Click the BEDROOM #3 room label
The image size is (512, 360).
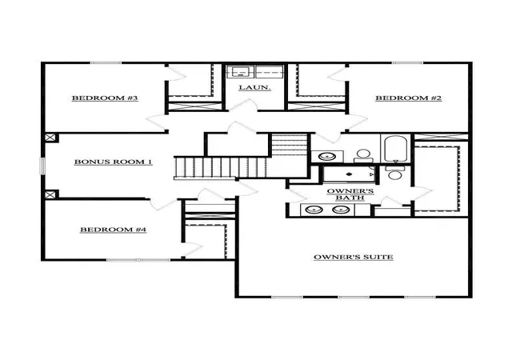click(105, 98)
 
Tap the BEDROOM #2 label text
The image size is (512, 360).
click(409, 98)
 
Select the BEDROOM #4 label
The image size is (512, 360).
click(114, 230)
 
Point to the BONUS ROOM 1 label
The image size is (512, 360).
click(114, 162)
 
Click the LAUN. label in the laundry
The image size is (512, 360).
click(254, 87)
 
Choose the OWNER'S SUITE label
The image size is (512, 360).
click(354, 257)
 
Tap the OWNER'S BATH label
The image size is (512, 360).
click(350, 194)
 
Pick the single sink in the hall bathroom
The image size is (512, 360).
click(327, 156)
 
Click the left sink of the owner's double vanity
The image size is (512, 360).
click(314, 210)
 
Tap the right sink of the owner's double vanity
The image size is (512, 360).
click(341, 210)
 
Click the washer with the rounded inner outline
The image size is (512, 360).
click(240, 71)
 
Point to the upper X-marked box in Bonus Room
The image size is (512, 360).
click(50, 138)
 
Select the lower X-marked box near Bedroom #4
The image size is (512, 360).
click(50, 194)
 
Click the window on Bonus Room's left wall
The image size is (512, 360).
click(42, 166)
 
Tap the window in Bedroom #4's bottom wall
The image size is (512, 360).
click(138, 260)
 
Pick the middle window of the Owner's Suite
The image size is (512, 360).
click(354, 297)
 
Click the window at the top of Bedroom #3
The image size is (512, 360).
click(106, 62)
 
